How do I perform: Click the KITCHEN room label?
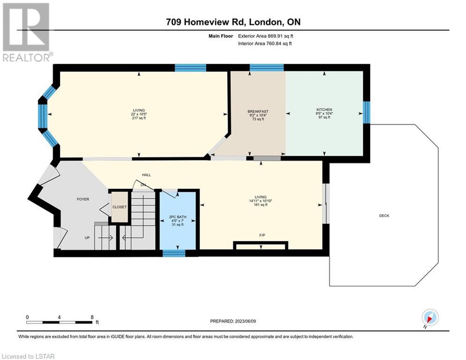324,110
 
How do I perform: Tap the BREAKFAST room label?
258,111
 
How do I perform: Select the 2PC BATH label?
178,217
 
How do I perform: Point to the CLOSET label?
119,207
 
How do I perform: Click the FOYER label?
83,199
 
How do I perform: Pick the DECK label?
384,216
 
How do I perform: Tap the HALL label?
146,175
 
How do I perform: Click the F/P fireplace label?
262,235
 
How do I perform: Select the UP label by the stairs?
87,238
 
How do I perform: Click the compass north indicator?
430,317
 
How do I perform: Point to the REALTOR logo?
27,32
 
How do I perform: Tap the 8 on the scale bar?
92,317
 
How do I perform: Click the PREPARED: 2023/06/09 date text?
233,321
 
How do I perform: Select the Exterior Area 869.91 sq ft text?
266,36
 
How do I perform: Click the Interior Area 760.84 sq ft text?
265,44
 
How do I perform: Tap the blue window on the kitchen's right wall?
367,112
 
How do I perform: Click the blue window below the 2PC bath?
174,253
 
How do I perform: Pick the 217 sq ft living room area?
139,118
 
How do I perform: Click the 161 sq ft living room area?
260,205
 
